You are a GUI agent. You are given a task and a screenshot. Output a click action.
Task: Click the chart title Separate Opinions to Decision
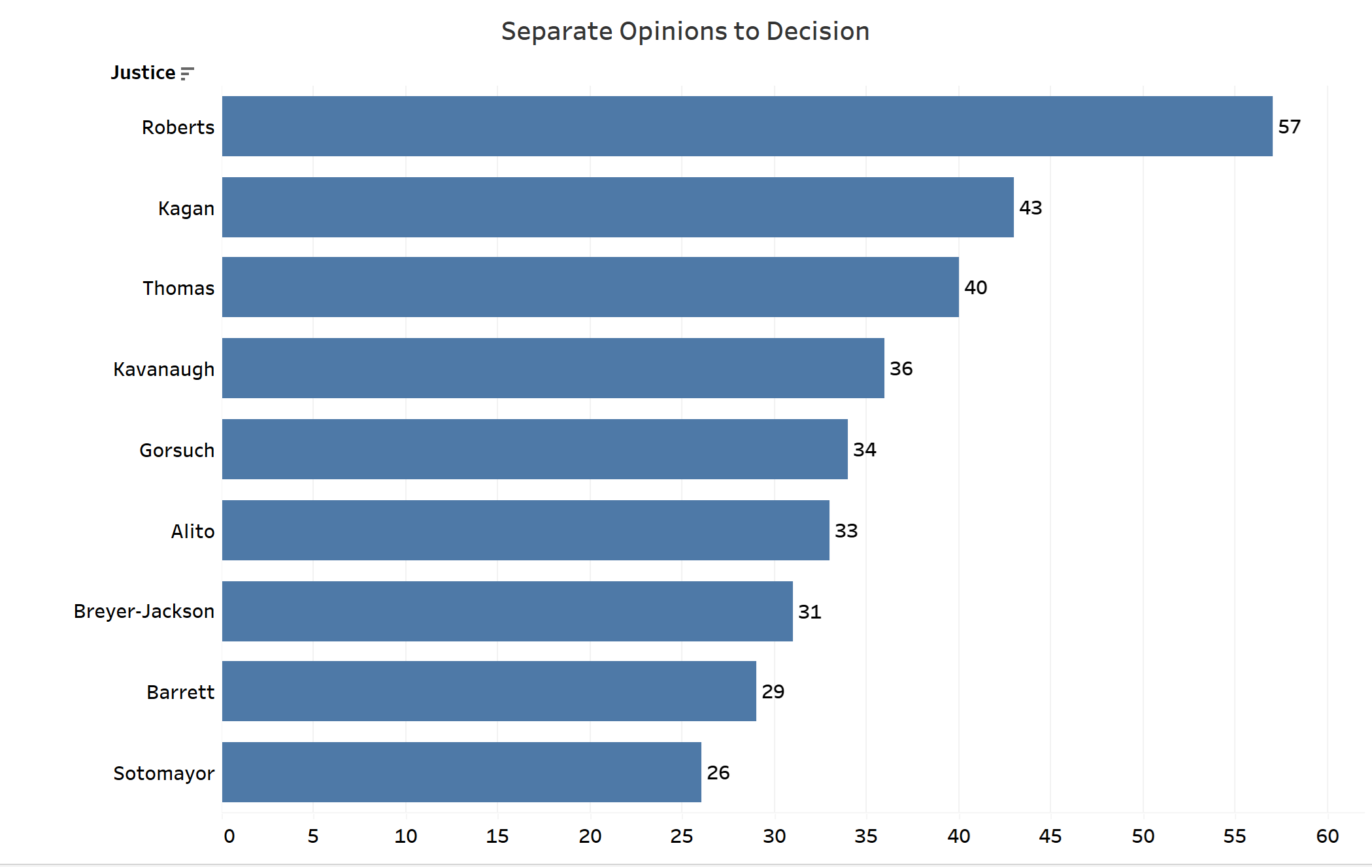685,31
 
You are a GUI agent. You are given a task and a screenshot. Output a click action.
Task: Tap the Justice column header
142,73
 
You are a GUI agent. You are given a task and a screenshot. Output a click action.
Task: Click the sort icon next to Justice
188,73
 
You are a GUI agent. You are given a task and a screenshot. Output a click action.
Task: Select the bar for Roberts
746,126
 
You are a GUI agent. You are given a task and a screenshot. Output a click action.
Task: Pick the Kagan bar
618,207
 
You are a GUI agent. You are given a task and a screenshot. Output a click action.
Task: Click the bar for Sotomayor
461,772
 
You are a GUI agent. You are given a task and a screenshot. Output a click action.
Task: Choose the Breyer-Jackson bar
507,611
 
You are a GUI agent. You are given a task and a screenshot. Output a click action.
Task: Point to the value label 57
1289,127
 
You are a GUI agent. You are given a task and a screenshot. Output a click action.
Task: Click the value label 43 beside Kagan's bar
1030,208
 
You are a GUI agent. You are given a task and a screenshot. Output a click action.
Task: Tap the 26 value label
718,773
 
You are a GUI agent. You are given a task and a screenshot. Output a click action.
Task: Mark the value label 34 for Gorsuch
864,450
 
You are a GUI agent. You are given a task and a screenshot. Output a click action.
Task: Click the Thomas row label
178,288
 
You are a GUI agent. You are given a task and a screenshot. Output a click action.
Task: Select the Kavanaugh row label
163,369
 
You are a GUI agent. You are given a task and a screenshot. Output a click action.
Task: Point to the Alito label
193,531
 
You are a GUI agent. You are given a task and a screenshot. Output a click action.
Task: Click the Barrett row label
180,692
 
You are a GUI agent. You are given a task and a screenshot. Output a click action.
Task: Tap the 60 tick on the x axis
1327,836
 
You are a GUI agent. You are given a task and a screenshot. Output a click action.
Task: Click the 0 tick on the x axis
229,836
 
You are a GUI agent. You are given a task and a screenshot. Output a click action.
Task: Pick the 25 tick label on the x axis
681,836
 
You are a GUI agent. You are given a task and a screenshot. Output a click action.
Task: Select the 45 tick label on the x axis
1050,836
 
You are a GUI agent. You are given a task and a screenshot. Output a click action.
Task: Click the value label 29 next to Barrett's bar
773,692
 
